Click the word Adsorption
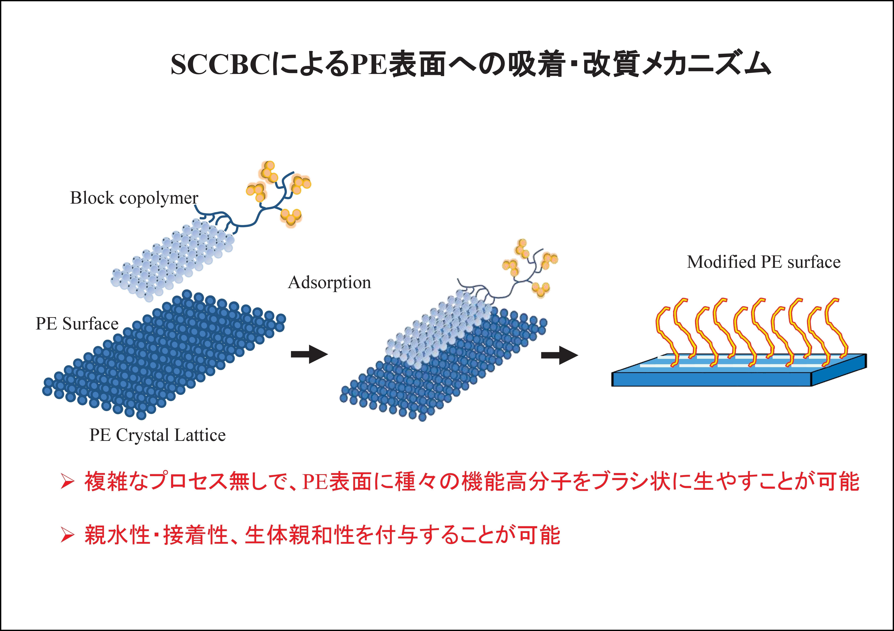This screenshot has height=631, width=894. (x=329, y=282)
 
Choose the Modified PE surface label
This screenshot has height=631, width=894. (x=764, y=262)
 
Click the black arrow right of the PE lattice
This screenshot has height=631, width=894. (x=310, y=354)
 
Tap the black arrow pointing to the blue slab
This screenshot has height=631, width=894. (x=560, y=355)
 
